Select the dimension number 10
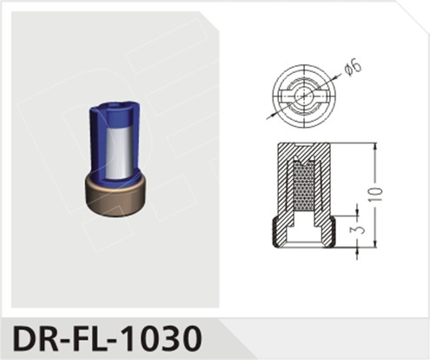[374, 194]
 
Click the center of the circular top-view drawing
[302, 93]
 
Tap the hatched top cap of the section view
[303, 146]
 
